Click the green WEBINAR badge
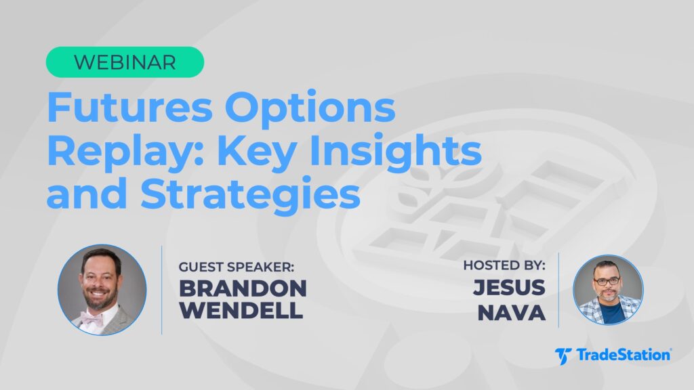click(125, 62)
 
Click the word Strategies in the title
click(250, 194)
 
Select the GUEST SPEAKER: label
click(237, 267)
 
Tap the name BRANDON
click(243, 288)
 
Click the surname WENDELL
click(241, 310)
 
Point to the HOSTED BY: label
click(504, 265)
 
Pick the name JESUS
click(510, 287)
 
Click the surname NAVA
click(512, 313)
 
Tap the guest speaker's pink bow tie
click(92, 318)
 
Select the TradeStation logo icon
click(563, 356)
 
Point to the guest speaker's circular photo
click(102, 290)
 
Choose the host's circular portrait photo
click(608, 290)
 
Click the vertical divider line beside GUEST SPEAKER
click(161, 290)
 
